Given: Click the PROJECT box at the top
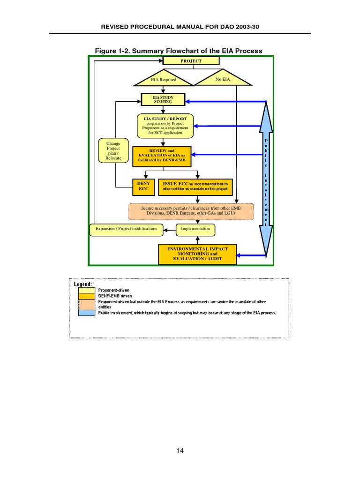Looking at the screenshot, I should (x=191, y=61).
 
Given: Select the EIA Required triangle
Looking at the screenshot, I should (x=164, y=80).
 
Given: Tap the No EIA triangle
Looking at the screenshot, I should (x=223, y=80).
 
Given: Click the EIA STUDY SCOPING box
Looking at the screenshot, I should (x=163, y=100).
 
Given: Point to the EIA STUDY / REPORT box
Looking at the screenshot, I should (x=165, y=126).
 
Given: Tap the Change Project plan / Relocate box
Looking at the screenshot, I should (x=113, y=151).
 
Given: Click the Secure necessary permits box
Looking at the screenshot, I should (x=191, y=211).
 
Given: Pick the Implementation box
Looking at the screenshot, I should (x=195, y=229).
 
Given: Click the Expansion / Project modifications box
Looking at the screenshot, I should (x=127, y=229).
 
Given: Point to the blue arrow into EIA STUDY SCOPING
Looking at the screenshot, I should (x=225, y=101).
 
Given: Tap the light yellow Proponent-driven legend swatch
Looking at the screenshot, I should (x=86, y=290).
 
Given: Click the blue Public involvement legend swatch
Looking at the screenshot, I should (x=86, y=313).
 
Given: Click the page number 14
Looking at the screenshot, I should (x=180, y=451).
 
